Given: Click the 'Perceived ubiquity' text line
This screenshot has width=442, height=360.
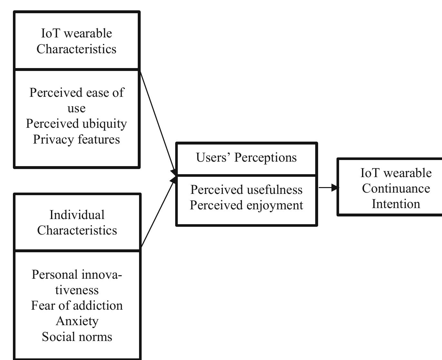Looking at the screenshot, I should tap(76, 124).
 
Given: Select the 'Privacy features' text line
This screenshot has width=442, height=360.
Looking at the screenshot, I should tap(76, 140).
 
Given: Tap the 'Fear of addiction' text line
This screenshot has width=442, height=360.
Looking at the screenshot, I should tap(77, 305).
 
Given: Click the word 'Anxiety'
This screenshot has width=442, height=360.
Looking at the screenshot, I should tap(77, 321).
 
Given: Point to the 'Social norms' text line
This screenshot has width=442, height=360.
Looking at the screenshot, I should tap(77, 337).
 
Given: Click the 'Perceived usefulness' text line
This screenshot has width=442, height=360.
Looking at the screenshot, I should tap(246, 190).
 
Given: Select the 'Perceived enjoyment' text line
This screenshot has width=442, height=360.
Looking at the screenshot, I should tap(246, 205).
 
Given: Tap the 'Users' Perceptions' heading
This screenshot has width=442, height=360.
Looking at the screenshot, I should tap(246, 158).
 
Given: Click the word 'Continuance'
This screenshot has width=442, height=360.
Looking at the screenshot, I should tap(396, 188).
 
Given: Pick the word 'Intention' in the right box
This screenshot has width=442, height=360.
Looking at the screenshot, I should tap(396, 204).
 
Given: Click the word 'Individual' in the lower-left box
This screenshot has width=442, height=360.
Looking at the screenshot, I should tap(77, 215).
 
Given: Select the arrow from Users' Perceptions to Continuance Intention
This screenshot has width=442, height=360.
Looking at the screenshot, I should tap(328, 187).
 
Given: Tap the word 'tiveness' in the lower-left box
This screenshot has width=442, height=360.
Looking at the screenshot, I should tap(77, 290).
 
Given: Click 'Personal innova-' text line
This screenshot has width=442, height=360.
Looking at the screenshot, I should tap(77, 275).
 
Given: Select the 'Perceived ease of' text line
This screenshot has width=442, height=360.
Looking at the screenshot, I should tap(76, 93).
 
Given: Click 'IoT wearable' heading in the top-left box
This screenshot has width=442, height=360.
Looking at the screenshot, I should tap(76, 34).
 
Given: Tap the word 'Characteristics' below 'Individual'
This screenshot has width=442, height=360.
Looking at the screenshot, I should tap(77, 230).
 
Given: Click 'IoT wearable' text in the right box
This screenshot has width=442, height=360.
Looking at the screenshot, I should tap(396, 173).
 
